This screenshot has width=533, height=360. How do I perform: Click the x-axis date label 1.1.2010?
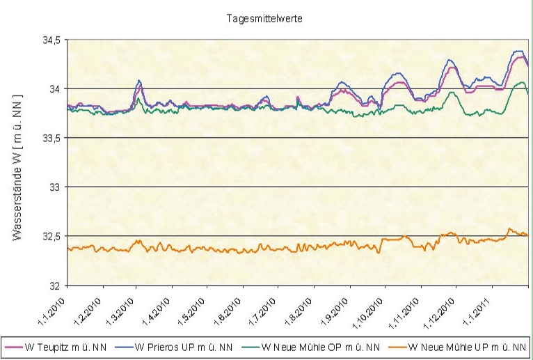(x=55, y=307)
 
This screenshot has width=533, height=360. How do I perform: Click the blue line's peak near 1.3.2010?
(x=139, y=81)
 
